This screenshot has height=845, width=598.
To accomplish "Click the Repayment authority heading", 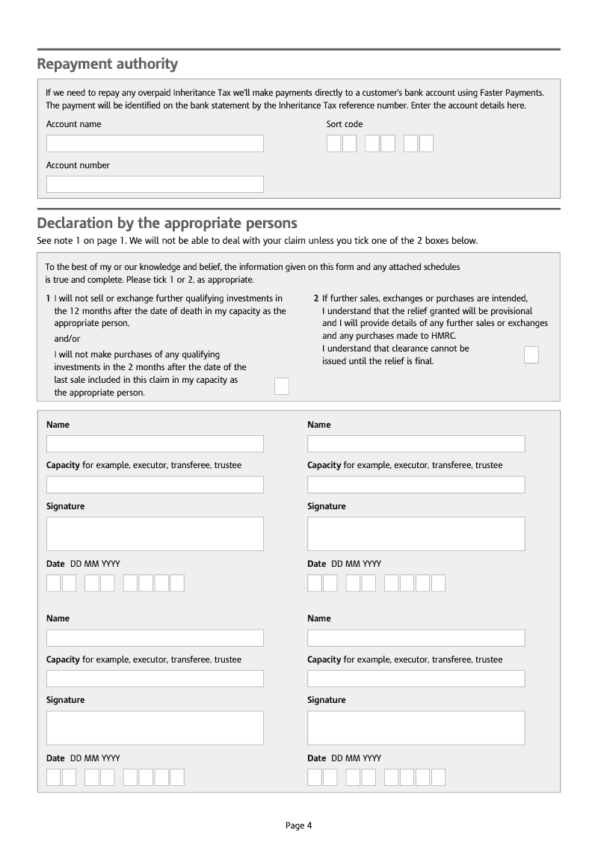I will [108, 64].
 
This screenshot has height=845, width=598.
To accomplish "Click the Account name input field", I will [155, 144].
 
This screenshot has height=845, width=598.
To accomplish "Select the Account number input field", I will [155, 184].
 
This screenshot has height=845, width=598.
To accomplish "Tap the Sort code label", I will [345, 124].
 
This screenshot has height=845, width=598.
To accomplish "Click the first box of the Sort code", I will [334, 144].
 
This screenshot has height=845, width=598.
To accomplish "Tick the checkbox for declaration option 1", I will [281, 386].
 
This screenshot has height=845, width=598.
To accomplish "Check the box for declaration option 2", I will [531, 354].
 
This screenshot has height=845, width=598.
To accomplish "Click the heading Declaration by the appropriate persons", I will [167, 223].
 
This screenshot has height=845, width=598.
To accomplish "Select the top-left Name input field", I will [155, 444].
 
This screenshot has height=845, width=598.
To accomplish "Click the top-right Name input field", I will [416, 444].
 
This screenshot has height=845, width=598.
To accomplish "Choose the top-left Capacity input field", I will [155, 485].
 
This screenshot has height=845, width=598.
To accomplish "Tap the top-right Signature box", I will [416, 534].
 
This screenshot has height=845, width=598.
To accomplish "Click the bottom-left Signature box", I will [155, 728].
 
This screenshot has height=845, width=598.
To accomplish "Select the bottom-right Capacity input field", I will [416, 678].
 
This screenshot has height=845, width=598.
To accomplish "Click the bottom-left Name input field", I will [155, 638].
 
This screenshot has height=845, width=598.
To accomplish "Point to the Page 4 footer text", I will [298, 826].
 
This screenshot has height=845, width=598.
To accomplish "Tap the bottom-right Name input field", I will [416, 638].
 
